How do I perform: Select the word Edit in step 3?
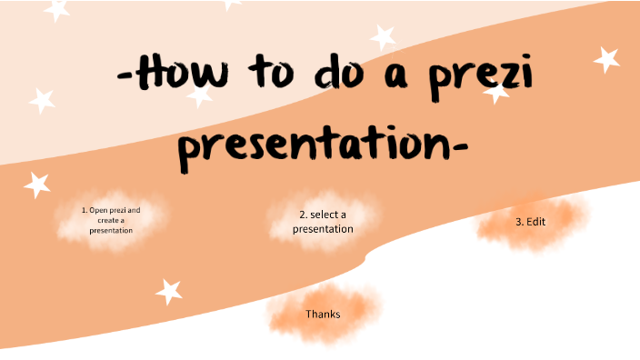(536, 222)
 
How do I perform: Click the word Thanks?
(323, 315)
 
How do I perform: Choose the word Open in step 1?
(98, 210)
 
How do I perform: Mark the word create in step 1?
(105, 220)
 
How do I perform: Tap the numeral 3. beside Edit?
(520, 222)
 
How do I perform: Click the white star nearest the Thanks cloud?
(168, 292)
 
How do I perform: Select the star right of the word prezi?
(606, 60)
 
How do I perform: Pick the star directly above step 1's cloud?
(36, 185)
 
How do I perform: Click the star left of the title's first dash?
(42, 101)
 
